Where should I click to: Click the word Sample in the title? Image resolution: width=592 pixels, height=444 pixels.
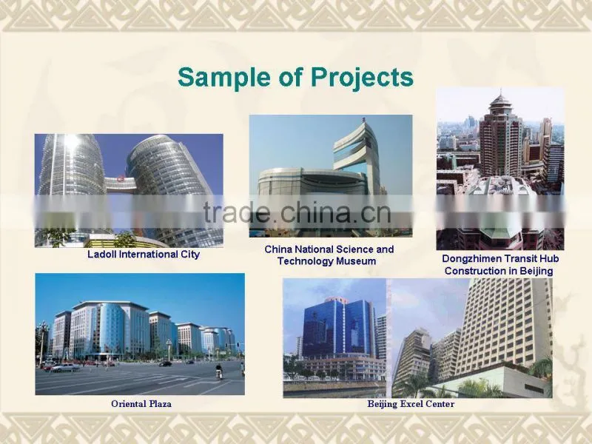225,78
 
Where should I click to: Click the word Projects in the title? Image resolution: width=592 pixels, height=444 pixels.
362,78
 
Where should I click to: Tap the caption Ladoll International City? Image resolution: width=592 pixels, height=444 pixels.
144,255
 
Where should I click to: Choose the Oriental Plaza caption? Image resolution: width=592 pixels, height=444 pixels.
141,404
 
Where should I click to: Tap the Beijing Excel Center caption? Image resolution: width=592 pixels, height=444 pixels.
411,404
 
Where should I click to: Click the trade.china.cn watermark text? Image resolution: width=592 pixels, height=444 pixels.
297,212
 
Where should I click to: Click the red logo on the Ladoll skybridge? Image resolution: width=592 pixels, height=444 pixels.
121,178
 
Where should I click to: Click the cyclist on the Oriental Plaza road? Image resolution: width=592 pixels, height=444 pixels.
218,371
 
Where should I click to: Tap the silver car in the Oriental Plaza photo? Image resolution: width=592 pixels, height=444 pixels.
65,367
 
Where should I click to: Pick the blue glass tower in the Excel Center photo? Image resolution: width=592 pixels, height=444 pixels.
338,327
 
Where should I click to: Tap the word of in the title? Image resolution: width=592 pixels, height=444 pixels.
291,77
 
